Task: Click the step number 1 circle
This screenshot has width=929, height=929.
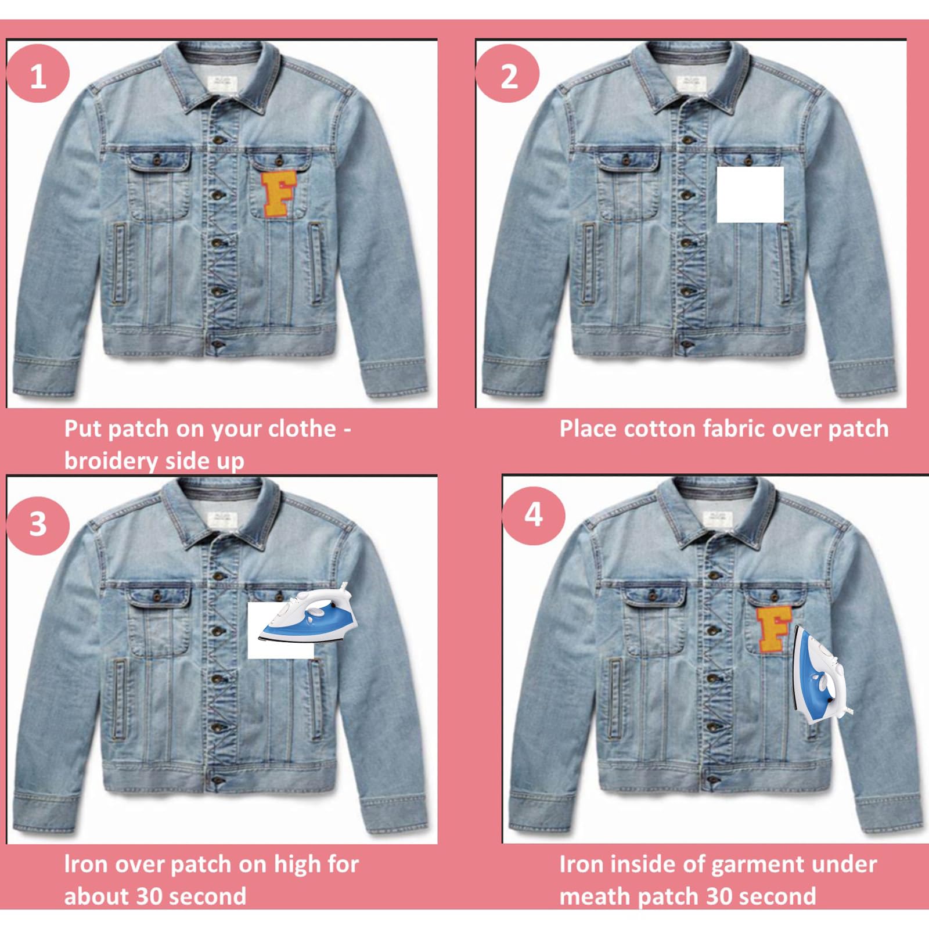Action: (x=37, y=75)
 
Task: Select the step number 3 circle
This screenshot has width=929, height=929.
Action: (x=37, y=524)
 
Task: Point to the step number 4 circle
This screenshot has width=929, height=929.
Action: (x=533, y=514)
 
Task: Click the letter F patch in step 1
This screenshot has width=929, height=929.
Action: (x=278, y=195)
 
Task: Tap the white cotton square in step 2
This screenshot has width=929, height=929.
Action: (x=750, y=195)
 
